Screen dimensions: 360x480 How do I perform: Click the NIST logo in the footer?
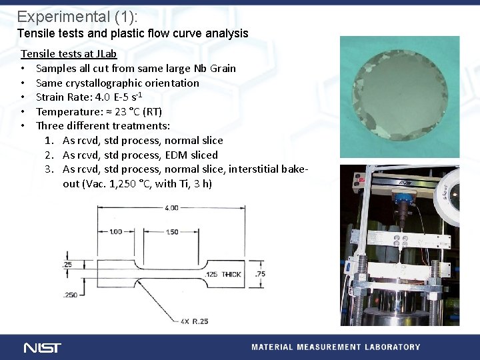[42, 347]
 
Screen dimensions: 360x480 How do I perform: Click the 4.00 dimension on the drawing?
[172, 208]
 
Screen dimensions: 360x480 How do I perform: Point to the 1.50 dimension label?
[172, 231]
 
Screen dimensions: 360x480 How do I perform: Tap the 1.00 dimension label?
[115, 231]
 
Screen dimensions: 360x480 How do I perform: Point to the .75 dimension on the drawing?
[261, 274]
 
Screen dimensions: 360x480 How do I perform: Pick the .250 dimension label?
[69, 295]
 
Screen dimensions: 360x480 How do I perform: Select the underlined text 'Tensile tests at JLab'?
[69, 53]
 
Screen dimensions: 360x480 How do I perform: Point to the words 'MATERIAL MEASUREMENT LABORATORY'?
[335, 347]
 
